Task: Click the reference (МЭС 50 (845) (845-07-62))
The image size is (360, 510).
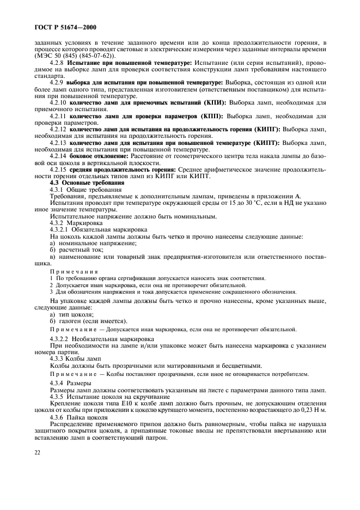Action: pyautogui.click(x=74, y=56)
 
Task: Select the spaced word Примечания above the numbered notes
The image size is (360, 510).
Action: pyautogui.click(x=74, y=271)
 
